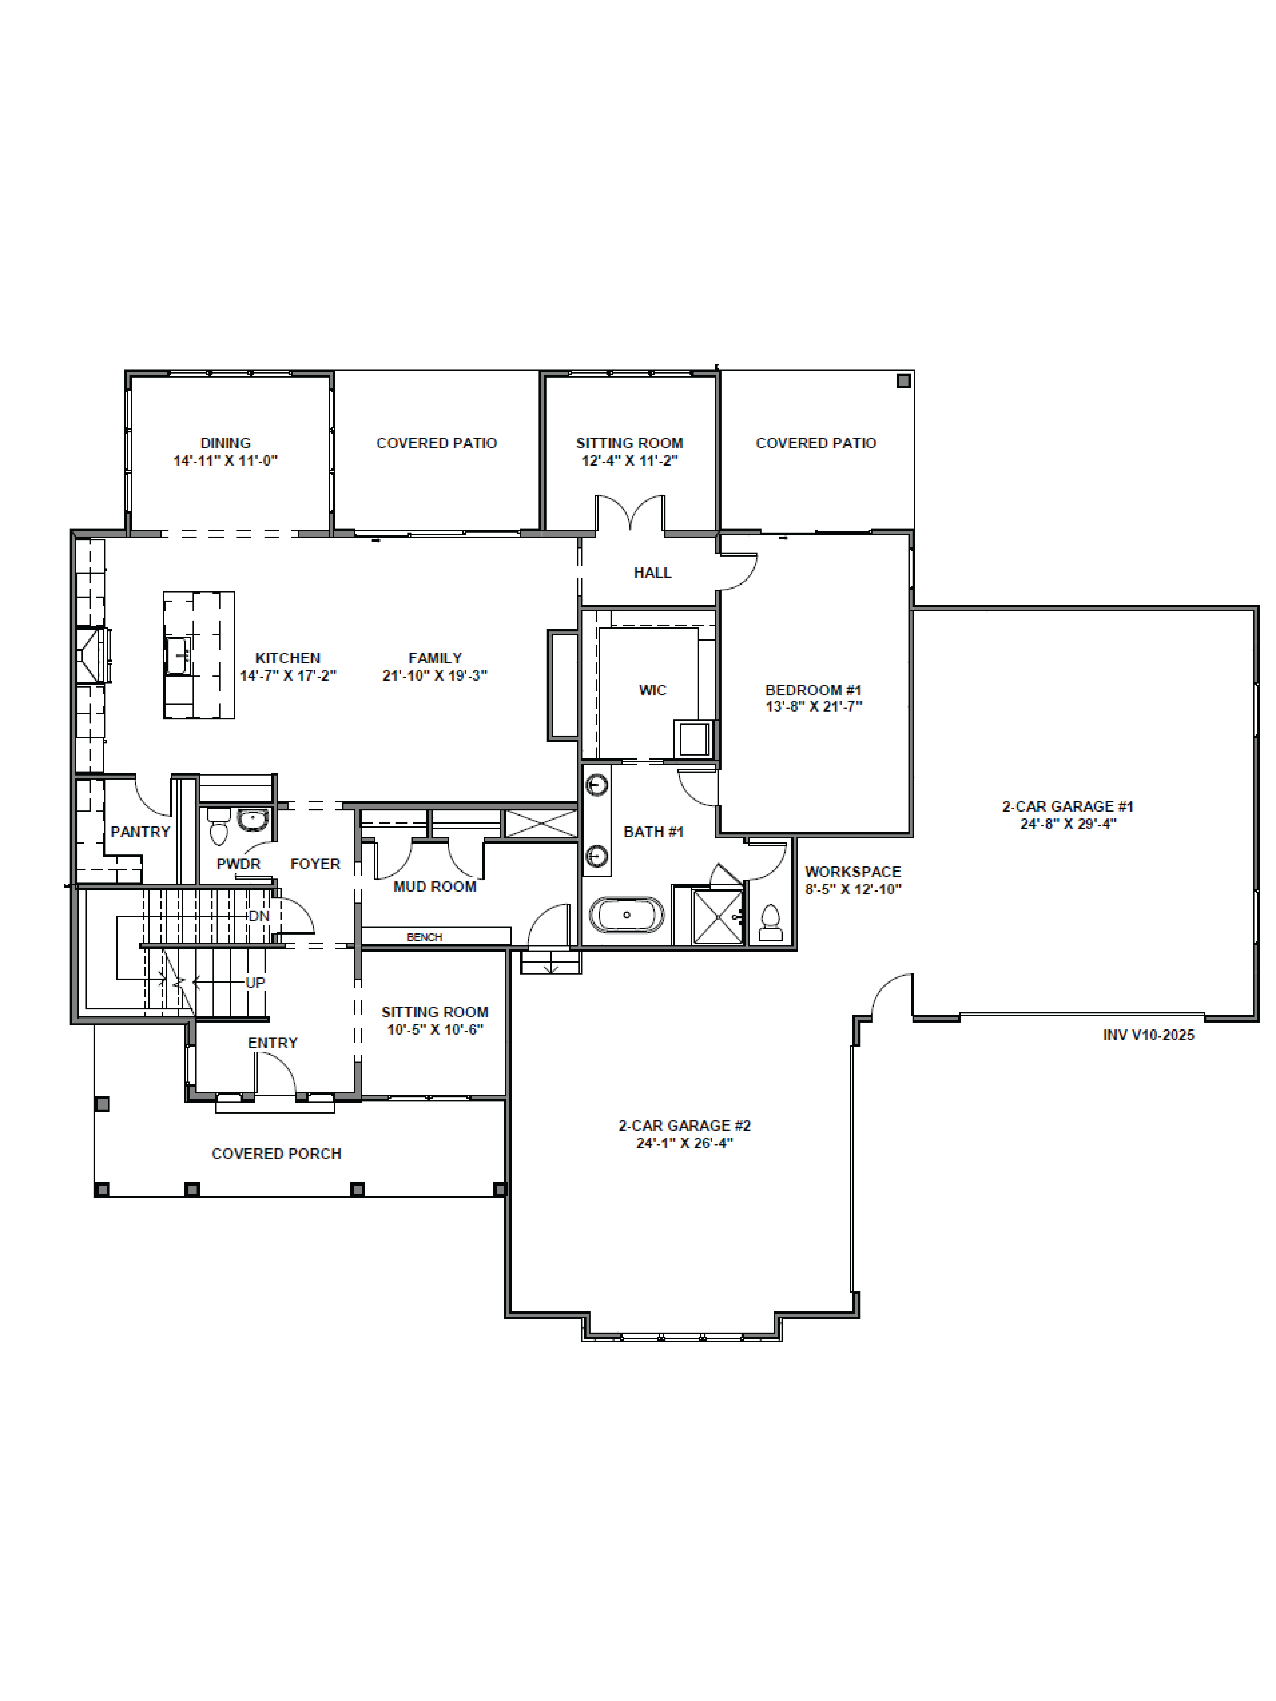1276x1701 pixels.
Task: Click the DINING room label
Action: (x=225, y=443)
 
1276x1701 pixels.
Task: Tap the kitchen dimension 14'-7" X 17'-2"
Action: (x=288, y=675)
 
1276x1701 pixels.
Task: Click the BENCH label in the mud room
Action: (x=424, y=937)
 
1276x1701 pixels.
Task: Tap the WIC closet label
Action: (x=652, y=690)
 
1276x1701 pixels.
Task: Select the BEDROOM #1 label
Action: (x=813, y=690)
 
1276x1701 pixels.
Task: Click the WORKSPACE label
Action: (x=853, y=871)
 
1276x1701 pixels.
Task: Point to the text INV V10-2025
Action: (x=1148, y=1035)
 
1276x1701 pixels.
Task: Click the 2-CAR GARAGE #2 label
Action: (x=684, y=1125)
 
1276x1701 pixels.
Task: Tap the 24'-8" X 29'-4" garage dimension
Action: (x=1068, y=824)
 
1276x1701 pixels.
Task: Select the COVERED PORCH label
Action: (x=276, y=1154)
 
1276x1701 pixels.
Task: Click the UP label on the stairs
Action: (x=255, y=983)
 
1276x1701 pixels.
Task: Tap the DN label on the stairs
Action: (x=258, y=916)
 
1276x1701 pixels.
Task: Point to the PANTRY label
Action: (x=140, y=831)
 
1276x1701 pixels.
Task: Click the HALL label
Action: (x=652, y=572)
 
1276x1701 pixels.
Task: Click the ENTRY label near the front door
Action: (x=272, y=1043)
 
